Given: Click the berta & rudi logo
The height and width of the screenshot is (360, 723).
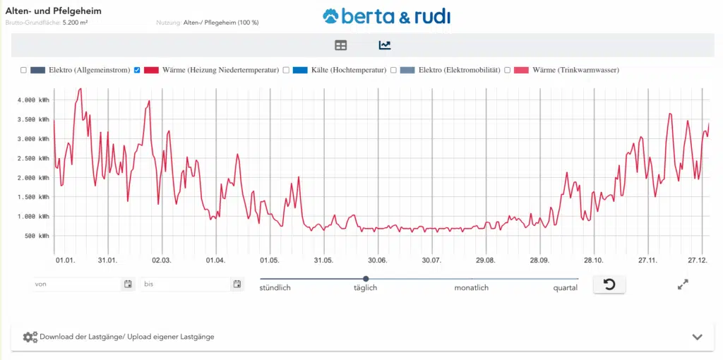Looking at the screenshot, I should pos(386,16).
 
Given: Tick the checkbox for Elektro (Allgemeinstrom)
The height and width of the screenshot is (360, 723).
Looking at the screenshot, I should pos(23,70).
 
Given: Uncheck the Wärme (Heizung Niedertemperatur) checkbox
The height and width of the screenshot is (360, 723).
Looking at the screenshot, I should pos(137,70).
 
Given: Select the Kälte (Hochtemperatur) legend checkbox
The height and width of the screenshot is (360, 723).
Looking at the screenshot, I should pos(286,70).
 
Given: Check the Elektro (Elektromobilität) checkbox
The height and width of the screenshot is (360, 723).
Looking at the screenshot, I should pos(393,70).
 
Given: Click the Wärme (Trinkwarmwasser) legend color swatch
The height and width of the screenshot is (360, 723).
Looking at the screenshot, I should pos(520,70).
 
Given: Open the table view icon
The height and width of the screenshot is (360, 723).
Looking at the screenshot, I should pos(341,45).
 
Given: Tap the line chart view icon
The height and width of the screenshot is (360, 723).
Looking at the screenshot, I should pos(385,45).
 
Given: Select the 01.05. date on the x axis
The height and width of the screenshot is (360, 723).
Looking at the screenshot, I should pos(270,260).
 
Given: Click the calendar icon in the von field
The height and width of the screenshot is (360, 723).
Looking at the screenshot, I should pos(128,284).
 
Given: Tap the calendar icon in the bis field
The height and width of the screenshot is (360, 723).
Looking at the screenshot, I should pos(237,284).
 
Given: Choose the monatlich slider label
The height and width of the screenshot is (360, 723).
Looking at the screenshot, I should pos(471,288).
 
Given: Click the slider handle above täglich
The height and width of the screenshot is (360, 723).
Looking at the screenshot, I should pos(366,279).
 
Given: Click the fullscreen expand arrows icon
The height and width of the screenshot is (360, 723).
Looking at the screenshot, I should pos(683,284).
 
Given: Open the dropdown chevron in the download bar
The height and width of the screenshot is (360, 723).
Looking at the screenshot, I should pos(698,337).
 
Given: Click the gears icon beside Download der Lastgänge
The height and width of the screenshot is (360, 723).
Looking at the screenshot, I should pos(30,337).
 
